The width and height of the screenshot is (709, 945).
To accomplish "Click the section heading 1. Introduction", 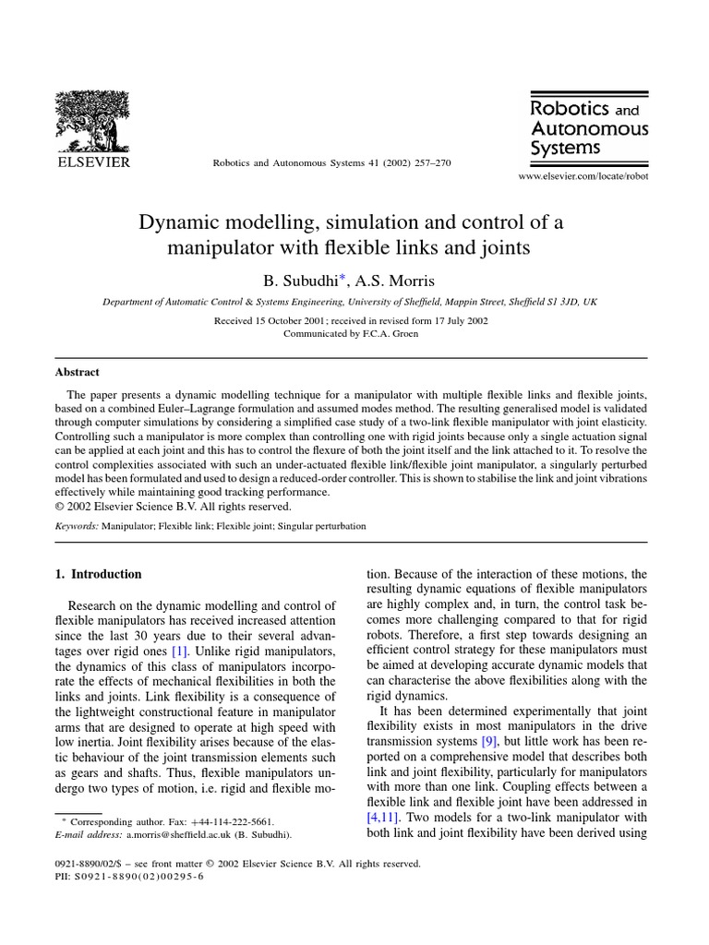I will point(99,574).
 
